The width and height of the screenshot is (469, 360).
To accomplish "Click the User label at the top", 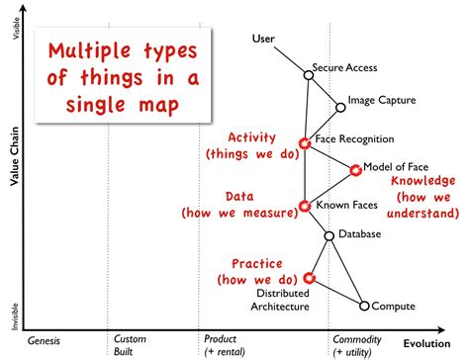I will (264, 39).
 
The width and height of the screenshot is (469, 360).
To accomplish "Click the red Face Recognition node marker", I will (305, 142).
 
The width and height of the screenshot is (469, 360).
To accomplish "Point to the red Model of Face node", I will (357, 170).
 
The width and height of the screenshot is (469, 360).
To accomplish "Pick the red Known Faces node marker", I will (305, 207).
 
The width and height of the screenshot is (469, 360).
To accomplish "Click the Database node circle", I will (329, 235).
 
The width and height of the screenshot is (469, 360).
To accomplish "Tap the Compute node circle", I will (364, 306).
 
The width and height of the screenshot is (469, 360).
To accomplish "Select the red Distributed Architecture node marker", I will (310, 279).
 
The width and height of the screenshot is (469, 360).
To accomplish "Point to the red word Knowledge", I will (422, 181).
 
